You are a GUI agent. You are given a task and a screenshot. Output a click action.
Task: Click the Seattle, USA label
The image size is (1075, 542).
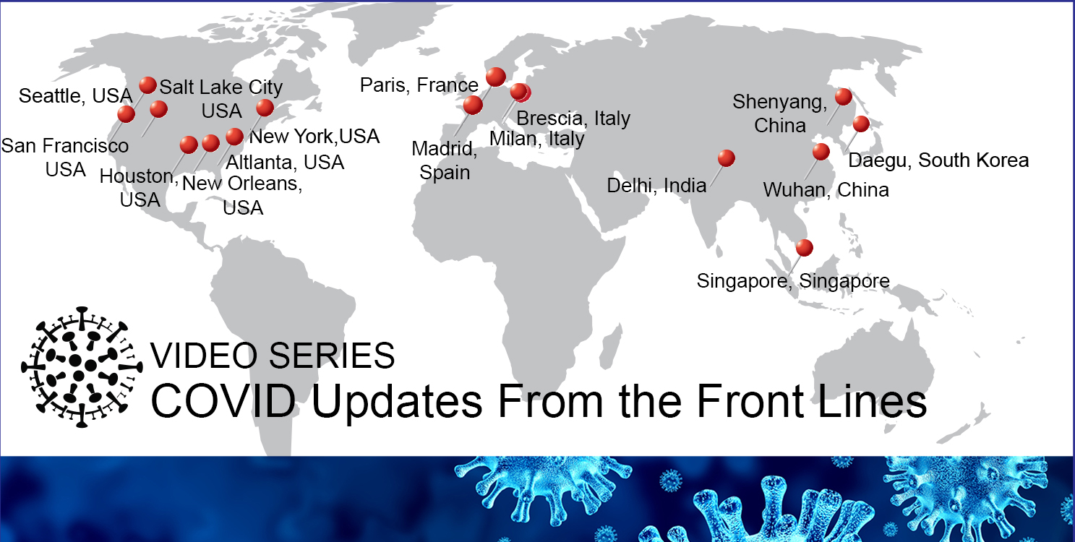[x=75, y=96]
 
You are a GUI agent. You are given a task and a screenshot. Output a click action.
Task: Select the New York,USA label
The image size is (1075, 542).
[x=314, y=136]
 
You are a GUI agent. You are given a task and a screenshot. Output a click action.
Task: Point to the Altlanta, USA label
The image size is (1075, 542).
[x=285, y=162]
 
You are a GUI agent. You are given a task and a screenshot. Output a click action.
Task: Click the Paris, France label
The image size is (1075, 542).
[x=419, y=85]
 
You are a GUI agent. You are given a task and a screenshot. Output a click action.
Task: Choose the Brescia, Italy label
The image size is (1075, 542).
[x=573, y=119]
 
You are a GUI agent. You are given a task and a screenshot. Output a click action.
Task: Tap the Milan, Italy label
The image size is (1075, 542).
[x=536, y=139]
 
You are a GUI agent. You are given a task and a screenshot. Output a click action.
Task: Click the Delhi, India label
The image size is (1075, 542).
[x=656, y=186]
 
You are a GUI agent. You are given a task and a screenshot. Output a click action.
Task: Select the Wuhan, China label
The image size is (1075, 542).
[x=826, y=190]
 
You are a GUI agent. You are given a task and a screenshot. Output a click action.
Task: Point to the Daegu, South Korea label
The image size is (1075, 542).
[x=938, y=160]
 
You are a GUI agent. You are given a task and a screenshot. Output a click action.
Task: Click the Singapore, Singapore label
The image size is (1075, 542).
[x=793, y=281]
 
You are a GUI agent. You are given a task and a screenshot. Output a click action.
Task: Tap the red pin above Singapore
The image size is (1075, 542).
[x=805, y=247]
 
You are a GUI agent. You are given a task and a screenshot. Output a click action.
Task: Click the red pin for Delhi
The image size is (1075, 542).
[x=726, y=158]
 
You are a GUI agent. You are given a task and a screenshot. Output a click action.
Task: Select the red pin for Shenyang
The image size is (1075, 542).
[x=843, y=96]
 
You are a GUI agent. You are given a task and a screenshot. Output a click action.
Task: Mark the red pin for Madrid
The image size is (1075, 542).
[x=473, y=105]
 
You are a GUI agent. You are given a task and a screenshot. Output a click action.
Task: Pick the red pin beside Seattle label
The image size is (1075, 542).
[x=147, y=85]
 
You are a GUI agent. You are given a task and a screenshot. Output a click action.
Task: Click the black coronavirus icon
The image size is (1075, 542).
[x=82, y=367]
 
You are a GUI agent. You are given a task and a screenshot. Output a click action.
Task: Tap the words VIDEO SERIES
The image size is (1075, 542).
[x=273, y=356]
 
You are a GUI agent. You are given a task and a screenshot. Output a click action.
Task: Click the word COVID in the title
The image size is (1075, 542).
[x=223, y=401]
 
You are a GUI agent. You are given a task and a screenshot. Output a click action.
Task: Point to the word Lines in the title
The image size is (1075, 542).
[x=872, y=401]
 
